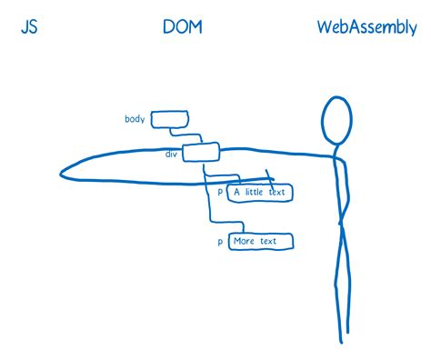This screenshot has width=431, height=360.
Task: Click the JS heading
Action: (x=29, y=27)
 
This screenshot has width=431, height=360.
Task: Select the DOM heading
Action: (x=182, y=27)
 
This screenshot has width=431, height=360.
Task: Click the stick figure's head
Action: (x=336, y=120)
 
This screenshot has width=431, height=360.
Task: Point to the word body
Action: (x=135, y=119)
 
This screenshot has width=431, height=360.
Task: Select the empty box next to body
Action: (x=166, y=119)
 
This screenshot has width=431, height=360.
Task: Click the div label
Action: (x=170, y=155)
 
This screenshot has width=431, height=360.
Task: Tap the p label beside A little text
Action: (x=220, y=193)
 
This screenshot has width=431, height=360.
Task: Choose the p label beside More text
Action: (x=220, y=242)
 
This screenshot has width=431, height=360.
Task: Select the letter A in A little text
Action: (x=237, y=192)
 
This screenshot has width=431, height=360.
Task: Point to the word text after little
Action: (x=279, y=192)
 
